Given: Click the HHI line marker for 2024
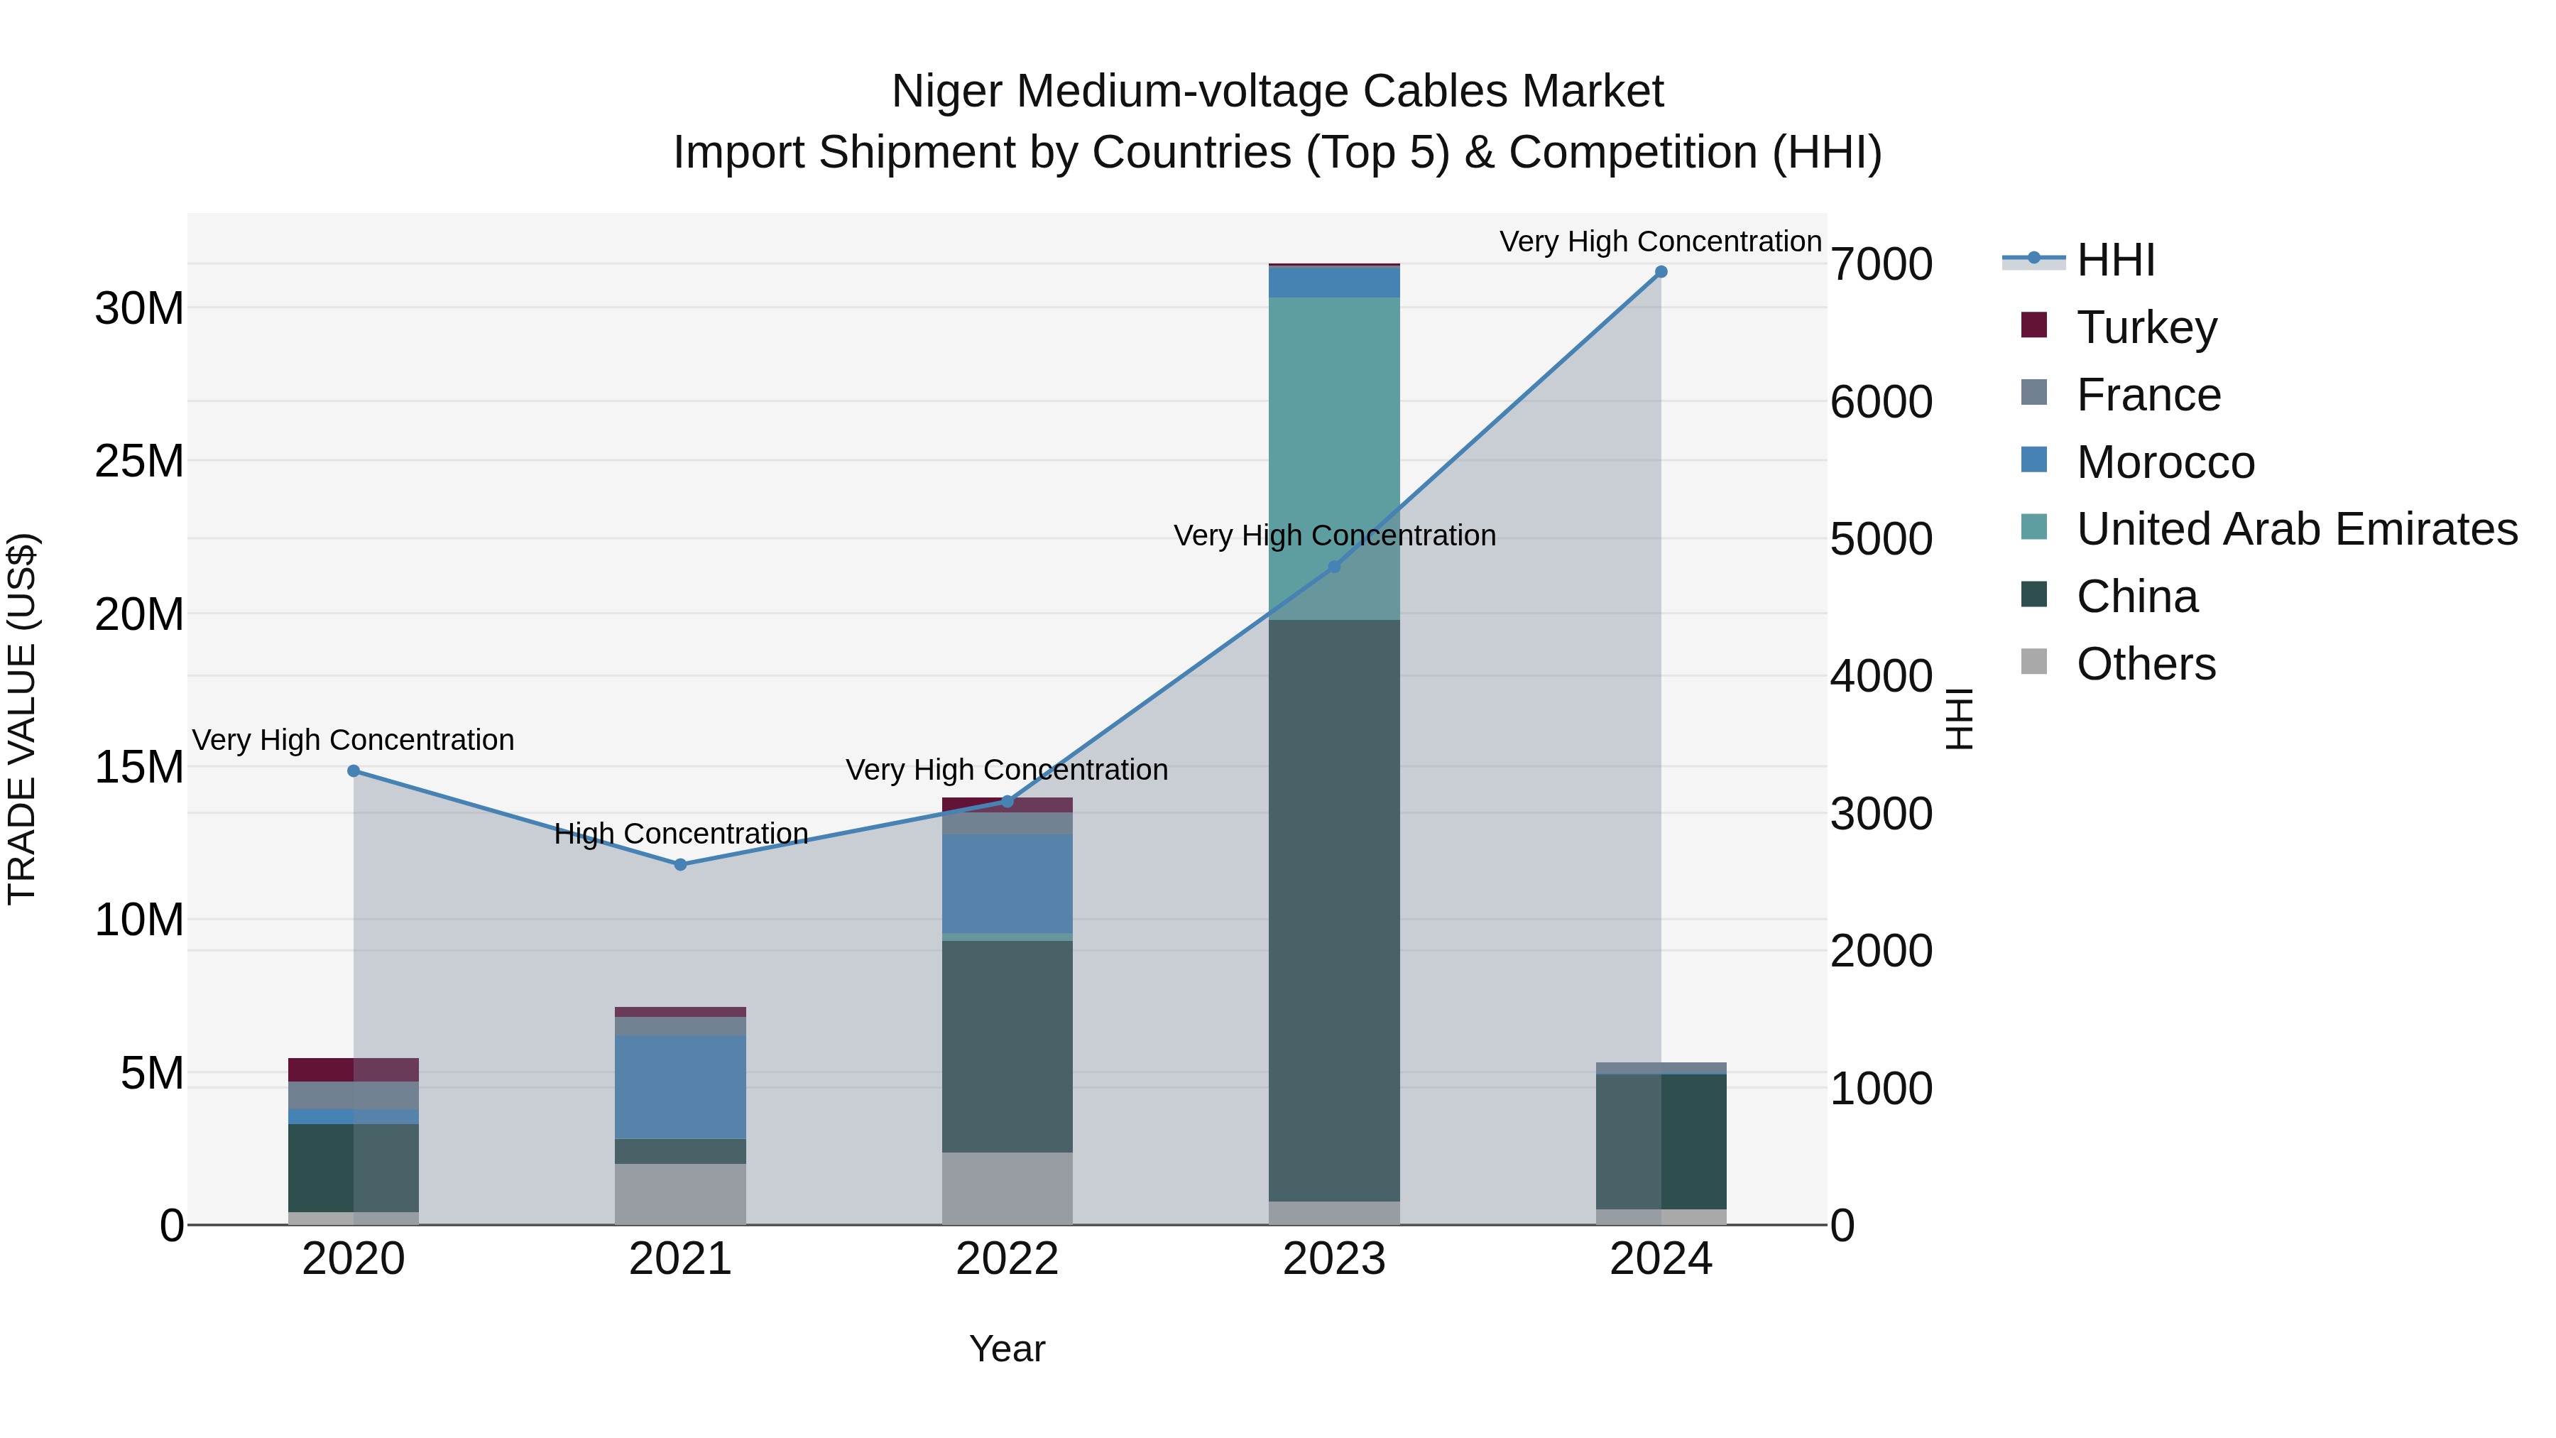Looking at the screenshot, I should [x=1661, y=272].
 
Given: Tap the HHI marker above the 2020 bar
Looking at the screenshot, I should [x=354, y=771].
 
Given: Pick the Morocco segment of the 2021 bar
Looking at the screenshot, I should [x=681, y=1086].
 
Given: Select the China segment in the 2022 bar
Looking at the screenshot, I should [x=1007, y=1047].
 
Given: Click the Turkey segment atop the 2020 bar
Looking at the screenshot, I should [x=354, y=1070].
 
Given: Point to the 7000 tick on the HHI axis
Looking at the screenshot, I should [x=1881, y=265].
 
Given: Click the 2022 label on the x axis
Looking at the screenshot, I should [x=1007, y=1259].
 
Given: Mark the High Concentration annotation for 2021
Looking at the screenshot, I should [x=681, y=834].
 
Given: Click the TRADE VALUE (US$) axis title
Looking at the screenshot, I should [x=22, y=719].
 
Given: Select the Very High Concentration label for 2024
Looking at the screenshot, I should [x=1660, y=241].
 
